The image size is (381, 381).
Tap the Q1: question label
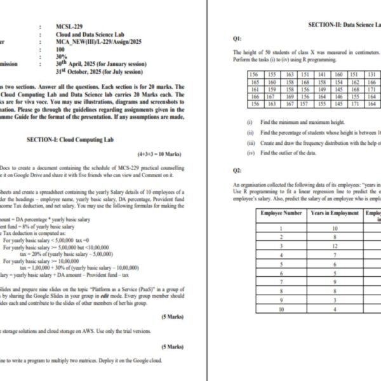pyautogui.click(x=237, y=39)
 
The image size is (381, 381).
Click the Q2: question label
pyautogui.click(x=237, y=170)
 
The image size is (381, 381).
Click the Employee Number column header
pyautogui.click(x=282, y=213)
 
